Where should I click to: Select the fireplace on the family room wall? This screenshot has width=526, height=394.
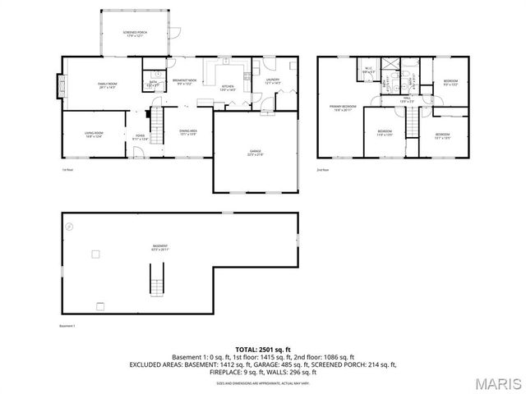[x=59, y=84]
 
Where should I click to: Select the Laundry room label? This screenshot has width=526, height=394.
[x=273, y=81]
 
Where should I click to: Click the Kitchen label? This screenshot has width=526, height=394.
[x=228, y=88]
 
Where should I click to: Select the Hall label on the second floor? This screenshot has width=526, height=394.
[x=406, y=100]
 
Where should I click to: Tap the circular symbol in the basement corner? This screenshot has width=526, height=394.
[x=70, y=225]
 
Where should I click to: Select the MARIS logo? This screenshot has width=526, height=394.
[x=492, y=383]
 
